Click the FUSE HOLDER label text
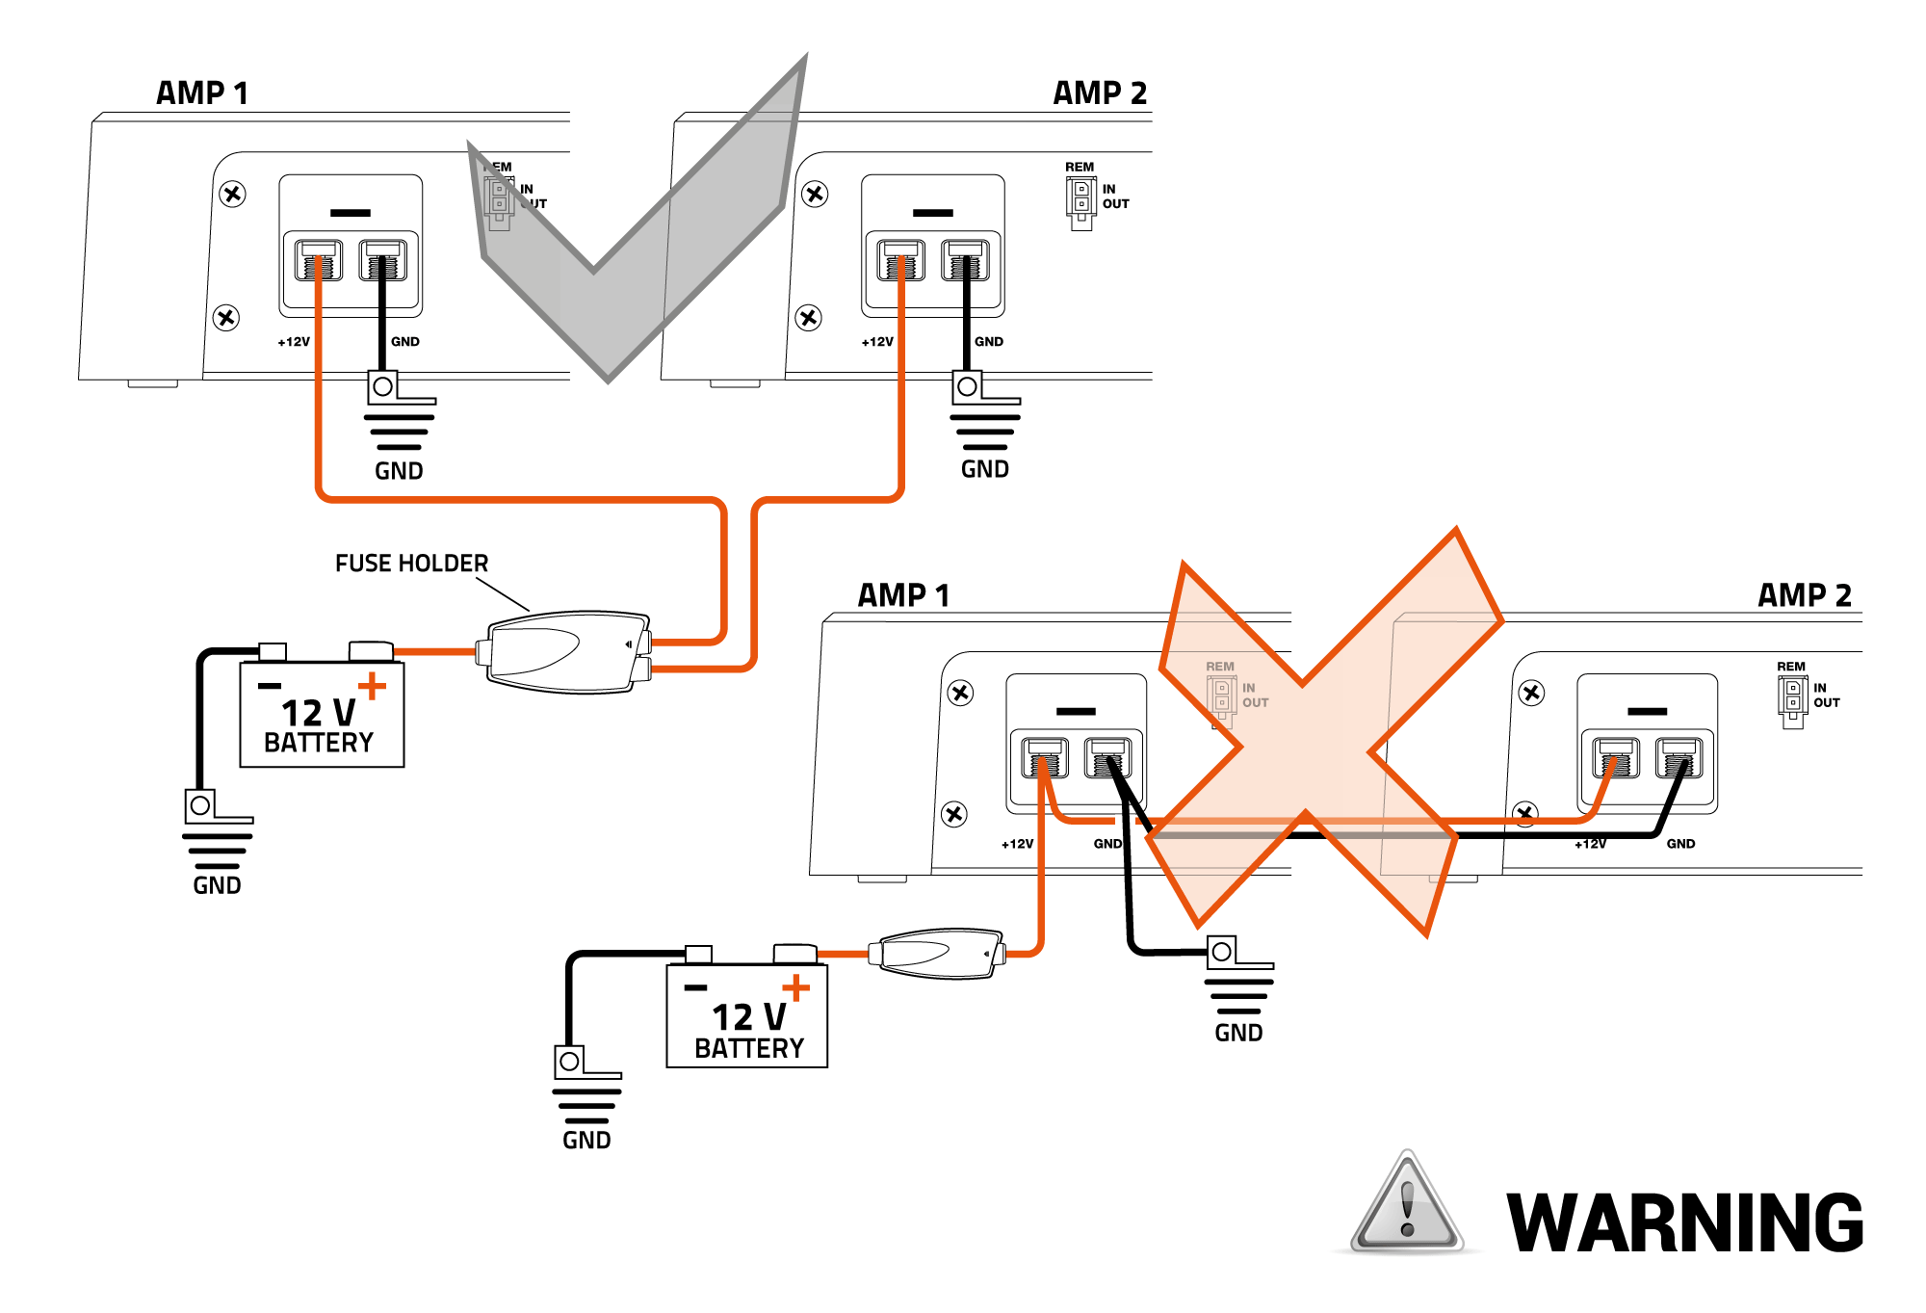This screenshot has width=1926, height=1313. tap(411, 563)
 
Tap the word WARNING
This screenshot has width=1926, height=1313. tap(1684, 1222)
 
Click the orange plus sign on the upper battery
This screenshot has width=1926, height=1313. tap(372, 686)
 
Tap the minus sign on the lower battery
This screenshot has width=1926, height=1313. tap(695, 987)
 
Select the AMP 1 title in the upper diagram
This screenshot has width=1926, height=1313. tap(202, 93)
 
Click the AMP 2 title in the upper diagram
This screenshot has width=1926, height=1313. tap(1100, 93)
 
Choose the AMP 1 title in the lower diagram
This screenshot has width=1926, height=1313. tap(903, 595)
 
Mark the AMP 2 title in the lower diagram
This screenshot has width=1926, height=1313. tap(1805, 595)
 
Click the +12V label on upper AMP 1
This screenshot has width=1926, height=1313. tap(294, 342)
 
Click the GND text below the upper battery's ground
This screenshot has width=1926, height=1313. tap(217, 885)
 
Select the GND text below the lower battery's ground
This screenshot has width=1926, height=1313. tap(586, 1141)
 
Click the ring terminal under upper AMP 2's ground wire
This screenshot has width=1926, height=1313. tap(968, 386)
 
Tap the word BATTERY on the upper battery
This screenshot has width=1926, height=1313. tap(319, 743)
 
